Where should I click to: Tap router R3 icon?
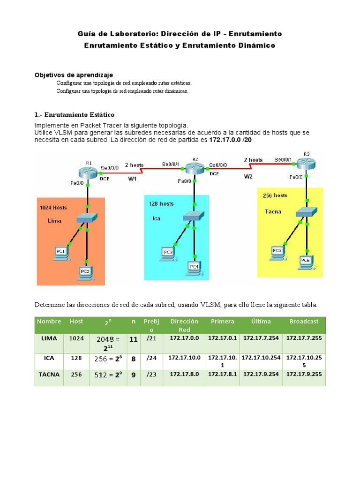pyautogui.click(x=307, y=163)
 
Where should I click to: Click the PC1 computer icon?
pyautogui.click(x=60, y=253)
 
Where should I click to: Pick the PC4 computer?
pyautogui.click(x=194, y=266)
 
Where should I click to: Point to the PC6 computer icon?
pyautogui.click(x=306, y=261)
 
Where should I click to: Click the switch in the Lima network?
pyautogui.click(x=87, y=218)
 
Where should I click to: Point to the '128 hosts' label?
pyautogui.click(x=161, y=203)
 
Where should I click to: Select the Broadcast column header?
pyautogui.click(x=304, y=322)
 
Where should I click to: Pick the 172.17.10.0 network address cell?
pyautogui.click(x=184, y=358)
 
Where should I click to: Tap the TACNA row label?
pyautogui.click(x=50, y=375)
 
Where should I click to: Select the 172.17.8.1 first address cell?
pyautogui.click(x=222, y=374)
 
